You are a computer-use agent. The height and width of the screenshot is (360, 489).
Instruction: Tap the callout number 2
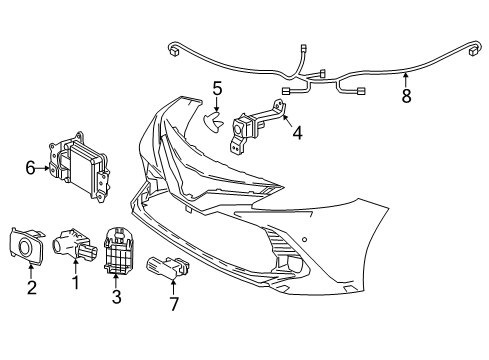(31, 289)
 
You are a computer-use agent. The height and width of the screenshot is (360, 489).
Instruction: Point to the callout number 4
(297, 130)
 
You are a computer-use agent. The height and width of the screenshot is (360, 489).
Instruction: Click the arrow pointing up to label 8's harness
(405, 80)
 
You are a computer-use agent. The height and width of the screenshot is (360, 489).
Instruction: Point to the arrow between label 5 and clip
(217, 105)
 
